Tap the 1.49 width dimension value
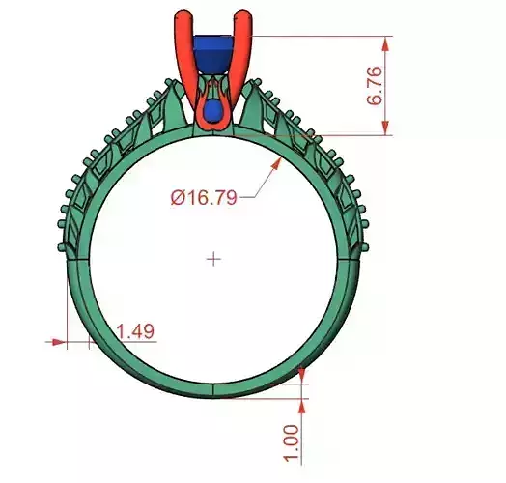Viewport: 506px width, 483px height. click(x=134, y=331)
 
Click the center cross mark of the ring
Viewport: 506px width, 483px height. click(x=213, y=258)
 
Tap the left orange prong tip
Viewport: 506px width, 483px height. click(x=182, y=16)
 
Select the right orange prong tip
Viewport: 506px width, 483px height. click(x=246, y=16)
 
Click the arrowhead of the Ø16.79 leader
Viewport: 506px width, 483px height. click(x=278, y=159)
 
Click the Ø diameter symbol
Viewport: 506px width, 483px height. click(x=178, y=197)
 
